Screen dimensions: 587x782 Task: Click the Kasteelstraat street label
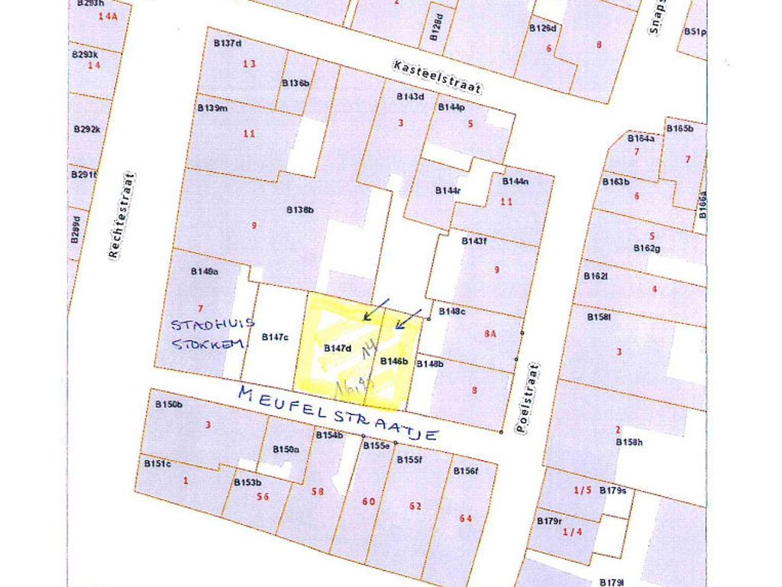coord(438,76)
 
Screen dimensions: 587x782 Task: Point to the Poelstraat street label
coord(526,398)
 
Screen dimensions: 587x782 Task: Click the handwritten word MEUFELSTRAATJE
coord(338,413)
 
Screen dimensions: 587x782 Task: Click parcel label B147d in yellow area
coord(337,349)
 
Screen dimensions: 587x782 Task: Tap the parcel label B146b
coord(394,360)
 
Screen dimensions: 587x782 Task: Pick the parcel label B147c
coord(274,337)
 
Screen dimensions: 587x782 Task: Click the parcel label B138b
coord(300,209)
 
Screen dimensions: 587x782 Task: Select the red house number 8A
coord(490,333)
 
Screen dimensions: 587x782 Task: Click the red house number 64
coord(466,518)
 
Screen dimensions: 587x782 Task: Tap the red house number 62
coord(415,506)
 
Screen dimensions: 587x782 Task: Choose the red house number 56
coord(263,496)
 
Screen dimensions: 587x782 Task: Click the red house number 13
coord(250,63)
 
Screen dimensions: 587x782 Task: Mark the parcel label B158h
coord(630,442)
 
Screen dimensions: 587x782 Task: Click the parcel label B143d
coord(410,97)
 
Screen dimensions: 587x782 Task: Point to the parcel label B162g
coord(647,248)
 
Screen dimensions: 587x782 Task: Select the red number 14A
coord(108,16)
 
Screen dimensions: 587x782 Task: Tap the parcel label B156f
coord(465,471)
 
